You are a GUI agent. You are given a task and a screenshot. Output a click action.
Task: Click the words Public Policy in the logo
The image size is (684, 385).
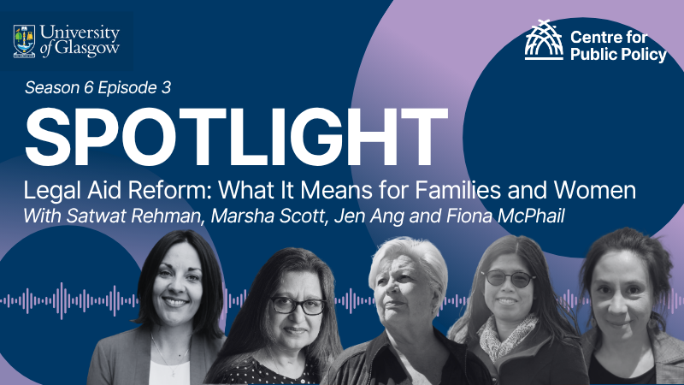click(x=617, y=56)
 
